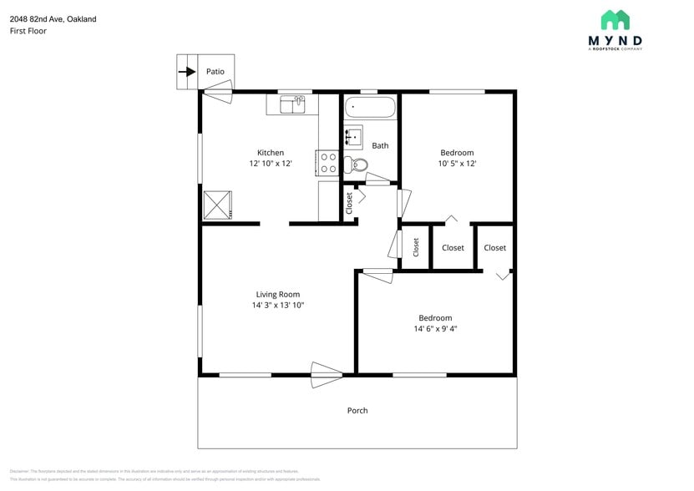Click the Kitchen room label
(x=270, y=153)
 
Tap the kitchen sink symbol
(x=292, y=104)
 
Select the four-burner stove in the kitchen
(x=327, y=162)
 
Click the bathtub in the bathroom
(x=370, y=108)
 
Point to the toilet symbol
(x=357, y=165)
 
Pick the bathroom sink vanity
(x=353, y=136)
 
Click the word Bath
(x=380, y=145)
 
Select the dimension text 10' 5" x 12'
(x=457, y=164)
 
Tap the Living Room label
(x=277, y=294)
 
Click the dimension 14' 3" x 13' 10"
(x=277, y=306)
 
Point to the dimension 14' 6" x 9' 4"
(x=435, y=329)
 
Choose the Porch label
(x=357, y=410)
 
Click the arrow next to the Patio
(x=187, y=72)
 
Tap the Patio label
(x=215, y=72)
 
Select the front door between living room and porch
(x=327, y=372)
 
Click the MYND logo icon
(x=615, y=20)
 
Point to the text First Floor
(x=28, y=31)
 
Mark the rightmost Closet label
(x=494, y=248)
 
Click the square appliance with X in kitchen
(x=218, y=204)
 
